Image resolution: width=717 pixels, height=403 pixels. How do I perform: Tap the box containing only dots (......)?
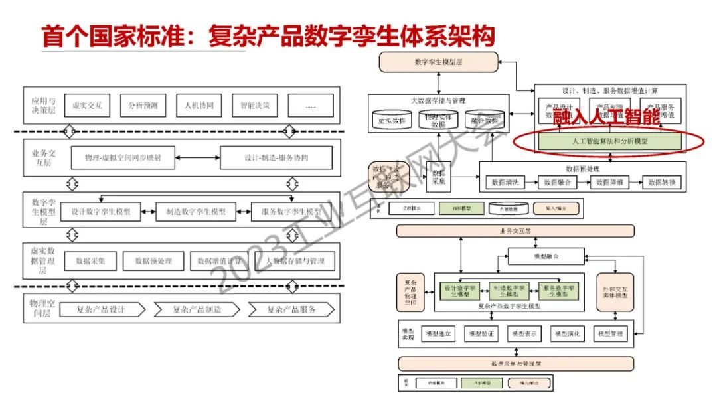pos(311,105)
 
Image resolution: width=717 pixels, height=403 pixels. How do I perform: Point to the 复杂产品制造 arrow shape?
pos(197,309)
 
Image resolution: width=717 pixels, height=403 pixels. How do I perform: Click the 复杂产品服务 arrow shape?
pos(291,309)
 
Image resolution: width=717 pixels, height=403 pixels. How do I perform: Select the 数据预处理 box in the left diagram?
pos(153,261)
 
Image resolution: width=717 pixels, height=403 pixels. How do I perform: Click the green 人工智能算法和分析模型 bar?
pos(609,141)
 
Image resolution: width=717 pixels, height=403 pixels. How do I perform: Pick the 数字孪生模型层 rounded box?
pos(438,62)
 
